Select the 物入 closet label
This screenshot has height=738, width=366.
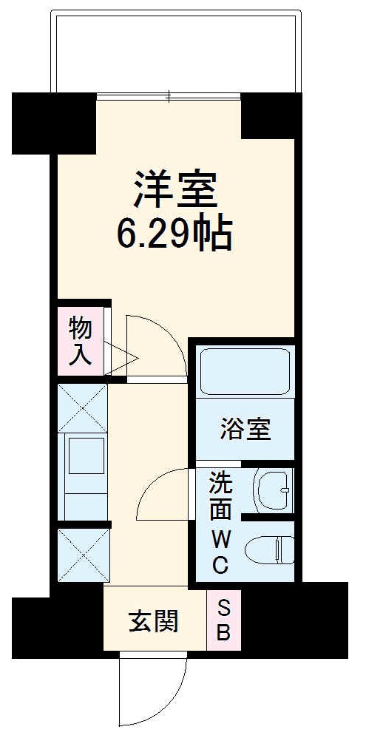[x=80, y=341]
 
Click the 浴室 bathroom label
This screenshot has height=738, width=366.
[x=245, y=429]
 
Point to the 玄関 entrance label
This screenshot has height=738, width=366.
[x=154, y=622]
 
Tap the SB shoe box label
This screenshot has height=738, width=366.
[x=223, y=621]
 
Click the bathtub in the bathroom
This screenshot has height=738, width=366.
[x=245, y=371]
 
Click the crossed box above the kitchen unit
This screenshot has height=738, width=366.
[x=83, y=407]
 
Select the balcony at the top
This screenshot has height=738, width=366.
[x=175, y=52]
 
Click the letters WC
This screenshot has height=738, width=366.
[x=220, y=551]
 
